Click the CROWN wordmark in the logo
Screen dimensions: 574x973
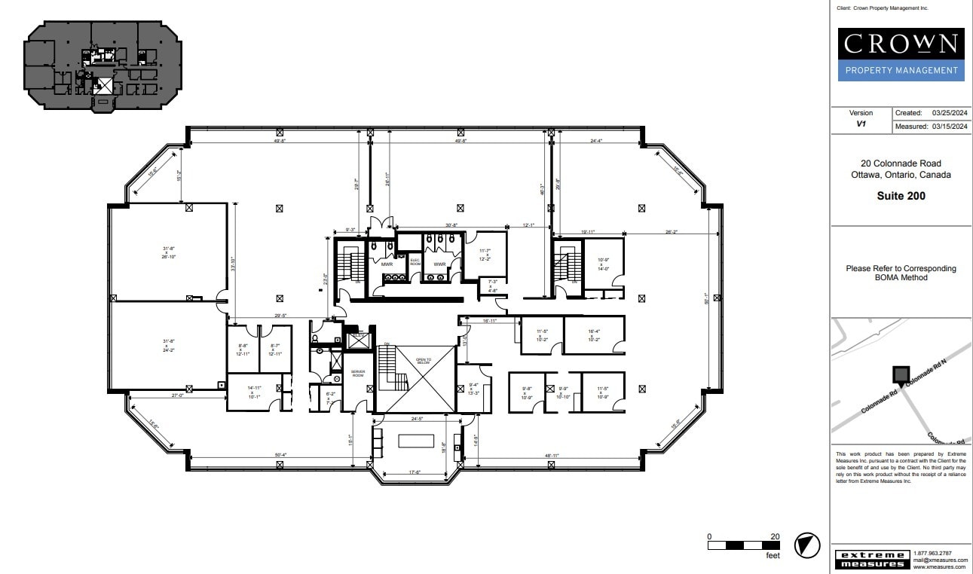pyautogui.click(x=900, y=44)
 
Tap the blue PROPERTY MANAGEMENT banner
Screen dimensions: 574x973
pyautogui.click(x=900, y=71)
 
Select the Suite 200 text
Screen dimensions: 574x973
pyautogui.click(x=901, y=196)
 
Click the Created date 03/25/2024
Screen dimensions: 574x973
pyautogui.click(x=949, y=113)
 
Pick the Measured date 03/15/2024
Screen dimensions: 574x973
pyautogui.click(x=949, y=127)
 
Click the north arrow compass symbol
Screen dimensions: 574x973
pyautogui.click(x=807, y=545)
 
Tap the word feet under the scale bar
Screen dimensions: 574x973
pyautogui.click(x=773, y=556)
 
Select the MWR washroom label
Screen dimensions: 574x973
pyautogui.click(x=387, y=264)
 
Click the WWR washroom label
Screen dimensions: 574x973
pyautogui.click(x=439, y=264)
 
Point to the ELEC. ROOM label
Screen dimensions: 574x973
pyautogui.click(x=415, y=261)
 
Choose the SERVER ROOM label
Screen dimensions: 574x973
pyautogui.click(x=357, y=374)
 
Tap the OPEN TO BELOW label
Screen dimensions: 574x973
pyautogui.click(x=424, y=361)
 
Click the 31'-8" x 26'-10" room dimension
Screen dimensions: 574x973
pyautogui.click(x=169, y=252)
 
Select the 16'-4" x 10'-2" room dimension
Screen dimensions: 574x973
pyautogui.click(x=594, y=334)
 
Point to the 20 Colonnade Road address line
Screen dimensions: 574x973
pyautogui.click(x=901, y=163)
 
